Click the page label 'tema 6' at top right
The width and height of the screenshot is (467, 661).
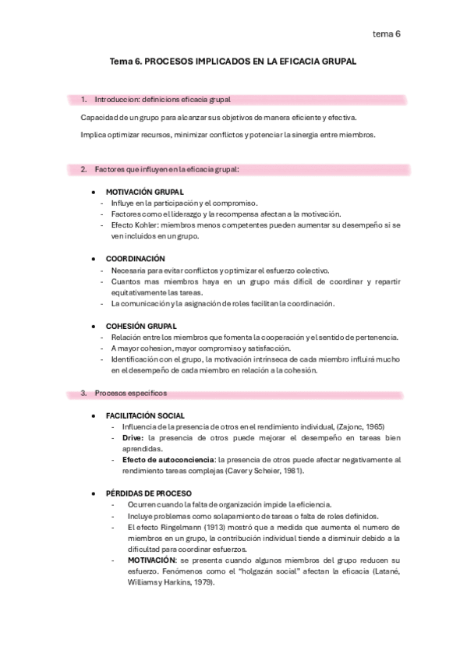(386, 34)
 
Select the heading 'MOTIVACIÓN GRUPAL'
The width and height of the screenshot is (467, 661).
(144, 191)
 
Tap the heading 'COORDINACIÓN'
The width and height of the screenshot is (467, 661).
(135, 258)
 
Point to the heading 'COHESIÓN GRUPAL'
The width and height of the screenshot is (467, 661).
(141, 325)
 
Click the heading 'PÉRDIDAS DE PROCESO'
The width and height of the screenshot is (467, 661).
(148, 493)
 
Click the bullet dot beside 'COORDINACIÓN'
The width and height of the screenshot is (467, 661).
(94, 258)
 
